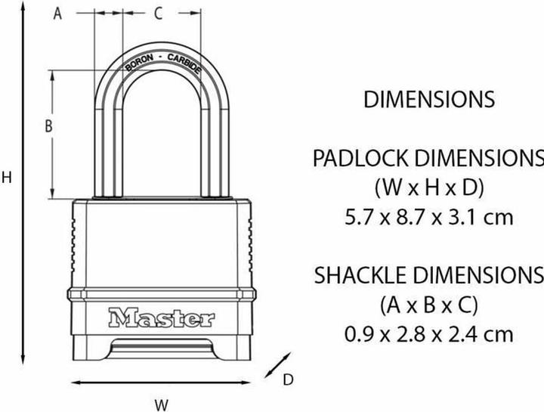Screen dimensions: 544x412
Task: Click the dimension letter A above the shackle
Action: point(57,13)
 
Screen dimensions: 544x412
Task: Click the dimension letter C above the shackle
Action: point(157,13)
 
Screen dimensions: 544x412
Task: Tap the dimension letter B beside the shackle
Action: point(48,127)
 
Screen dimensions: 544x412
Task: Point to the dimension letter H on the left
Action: point(7,178)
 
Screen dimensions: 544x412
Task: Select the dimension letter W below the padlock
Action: point(161,404)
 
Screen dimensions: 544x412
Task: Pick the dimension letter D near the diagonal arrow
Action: point(288,380)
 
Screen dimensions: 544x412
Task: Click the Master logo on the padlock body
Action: point(161,317)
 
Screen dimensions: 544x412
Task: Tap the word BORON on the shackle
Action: point(130,66)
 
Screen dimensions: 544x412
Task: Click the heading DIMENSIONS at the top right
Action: point(428,99)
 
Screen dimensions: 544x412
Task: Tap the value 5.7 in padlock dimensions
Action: point(360,218)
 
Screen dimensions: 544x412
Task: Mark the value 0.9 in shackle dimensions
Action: point(360,333)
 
